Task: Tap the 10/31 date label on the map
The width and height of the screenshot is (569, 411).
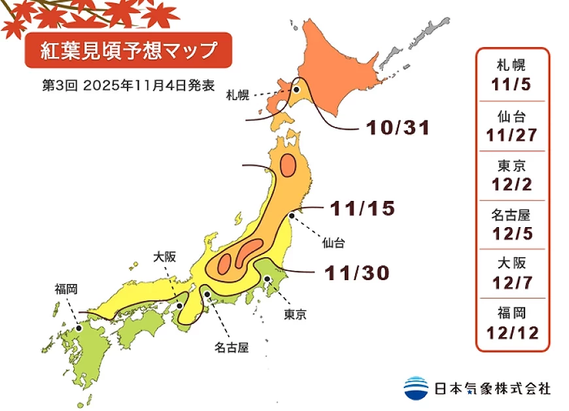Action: point(398,128)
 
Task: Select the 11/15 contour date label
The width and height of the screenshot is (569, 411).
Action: point(363,208)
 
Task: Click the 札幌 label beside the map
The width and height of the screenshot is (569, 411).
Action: point(238,96)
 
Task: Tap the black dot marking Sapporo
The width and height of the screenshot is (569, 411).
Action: point(296,90)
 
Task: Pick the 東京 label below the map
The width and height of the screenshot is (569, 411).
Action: point(295,315)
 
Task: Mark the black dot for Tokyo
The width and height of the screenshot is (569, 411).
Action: point(268,279)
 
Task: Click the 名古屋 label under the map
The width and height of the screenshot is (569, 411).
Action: point(232,346)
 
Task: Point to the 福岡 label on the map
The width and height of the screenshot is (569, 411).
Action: point(67,289)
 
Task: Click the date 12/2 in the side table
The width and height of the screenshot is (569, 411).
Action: point(512,185)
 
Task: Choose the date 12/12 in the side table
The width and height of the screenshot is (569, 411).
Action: point(512,333)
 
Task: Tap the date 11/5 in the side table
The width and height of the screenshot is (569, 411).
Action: point(512,86)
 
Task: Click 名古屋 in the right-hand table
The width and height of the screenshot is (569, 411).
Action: point(512,215)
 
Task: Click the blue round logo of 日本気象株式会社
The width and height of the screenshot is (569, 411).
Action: point(416,387)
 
